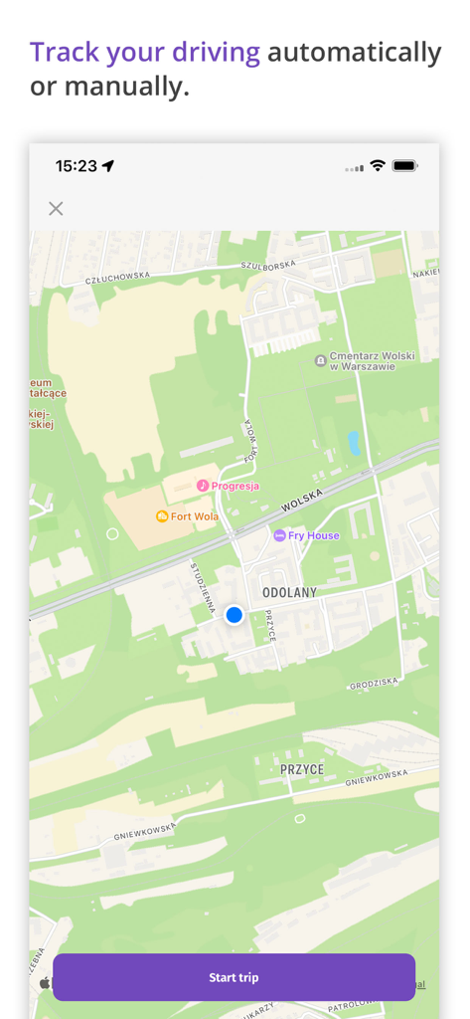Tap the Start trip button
coord(234,977)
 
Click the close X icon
coord(56,208)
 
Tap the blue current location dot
coord(235,615)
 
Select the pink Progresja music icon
coord(203,486)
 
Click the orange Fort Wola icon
coord(162,516)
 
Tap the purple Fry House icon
coord(280,535)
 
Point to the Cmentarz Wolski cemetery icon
coord(320,360)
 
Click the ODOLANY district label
coord(289,592)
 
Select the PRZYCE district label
coord(301,769)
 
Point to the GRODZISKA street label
coord(374,686)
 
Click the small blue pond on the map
coord(354,443)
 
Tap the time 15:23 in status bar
coord(76,166)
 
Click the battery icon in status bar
coord(404,166)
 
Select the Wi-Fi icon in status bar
coord(378,166)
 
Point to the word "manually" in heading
coord(122,87)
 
